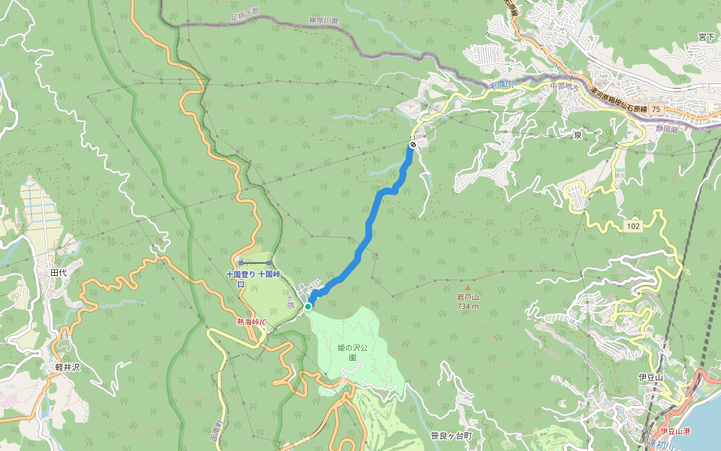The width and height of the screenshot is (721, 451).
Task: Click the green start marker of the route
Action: pos(308,306)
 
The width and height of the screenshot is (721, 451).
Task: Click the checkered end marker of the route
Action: pos(412,144)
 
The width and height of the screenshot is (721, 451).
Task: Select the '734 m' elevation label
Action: pos(467,305)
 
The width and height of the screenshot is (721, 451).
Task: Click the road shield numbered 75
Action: pos(657,110)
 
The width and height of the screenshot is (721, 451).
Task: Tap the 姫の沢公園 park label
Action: pos(352,353)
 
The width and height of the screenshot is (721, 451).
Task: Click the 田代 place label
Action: pos(59,272)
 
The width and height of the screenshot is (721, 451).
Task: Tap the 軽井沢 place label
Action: pos(68,368)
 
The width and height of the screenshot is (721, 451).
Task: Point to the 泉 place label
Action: pos(578,135)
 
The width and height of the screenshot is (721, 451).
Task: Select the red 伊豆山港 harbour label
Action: pos(675,431)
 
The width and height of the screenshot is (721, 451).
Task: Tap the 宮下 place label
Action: pos(705,36)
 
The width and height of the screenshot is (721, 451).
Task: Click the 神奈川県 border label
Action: pos(324,22)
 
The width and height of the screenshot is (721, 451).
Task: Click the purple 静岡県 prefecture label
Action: pos(665,129)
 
